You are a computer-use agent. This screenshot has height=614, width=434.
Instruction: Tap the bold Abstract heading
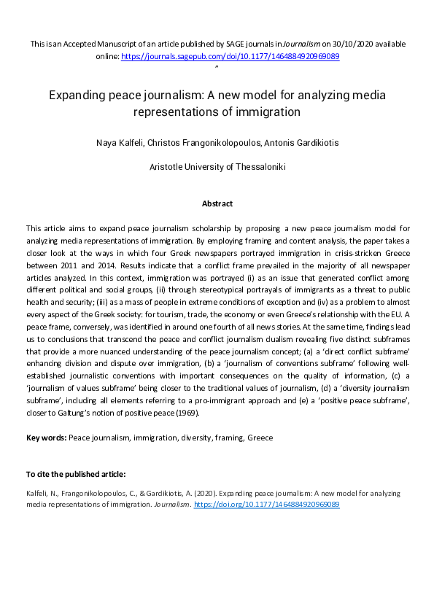[x=217, y=203]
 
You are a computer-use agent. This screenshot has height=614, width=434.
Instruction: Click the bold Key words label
[x=46, y=438]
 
